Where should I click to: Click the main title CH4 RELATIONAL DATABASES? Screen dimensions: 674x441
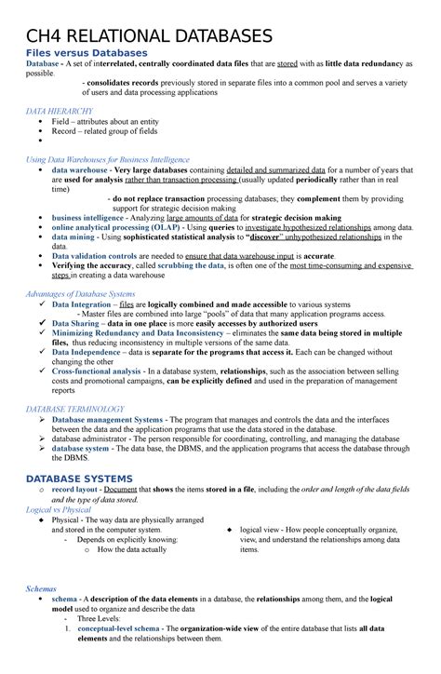pos(148,36)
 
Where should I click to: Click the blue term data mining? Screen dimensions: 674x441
pos(75,237)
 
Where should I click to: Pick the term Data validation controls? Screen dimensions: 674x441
pos(101,255)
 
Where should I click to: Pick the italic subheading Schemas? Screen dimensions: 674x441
pos(43,588)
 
